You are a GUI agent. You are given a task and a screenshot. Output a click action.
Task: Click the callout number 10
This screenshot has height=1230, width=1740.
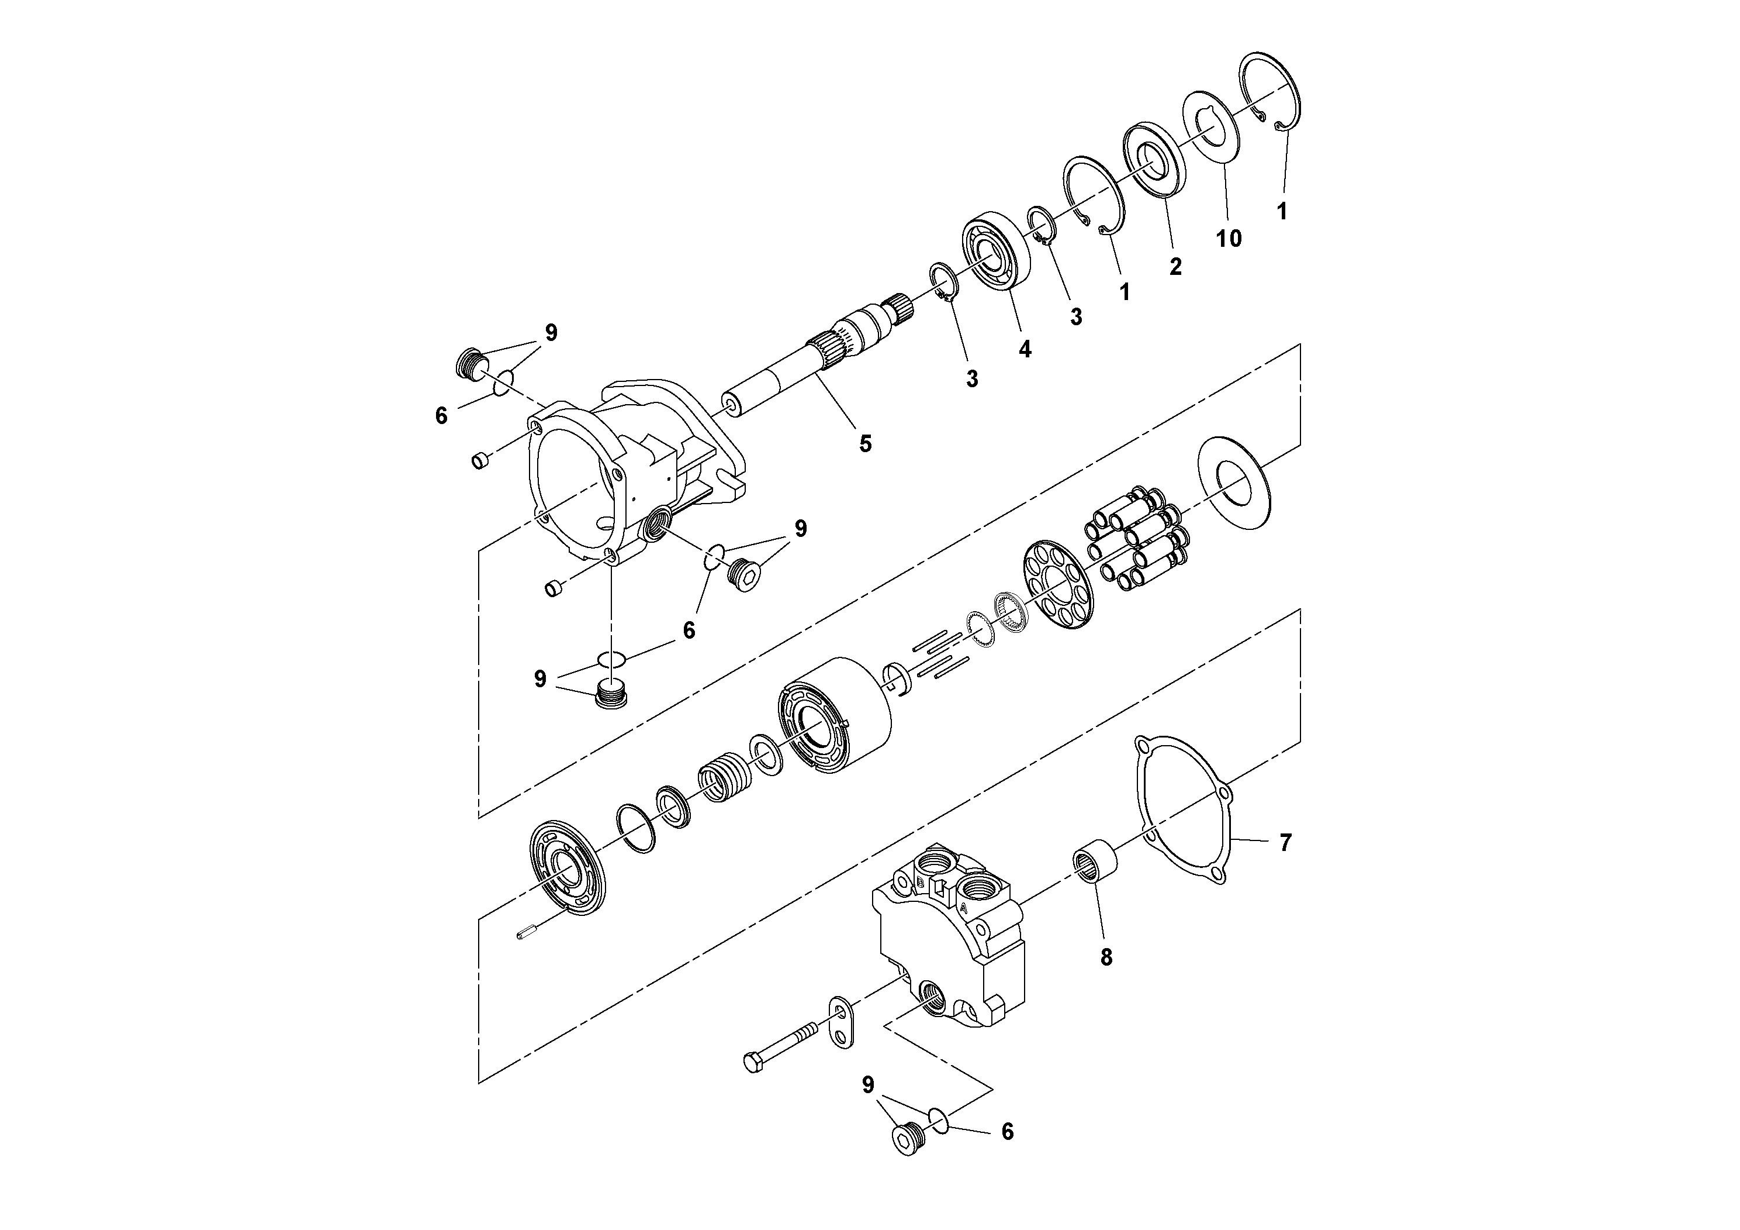1229,238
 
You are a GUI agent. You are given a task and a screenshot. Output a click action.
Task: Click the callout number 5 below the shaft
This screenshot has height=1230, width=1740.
866,443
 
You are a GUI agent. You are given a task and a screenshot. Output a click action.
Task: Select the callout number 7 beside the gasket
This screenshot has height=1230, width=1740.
1285,842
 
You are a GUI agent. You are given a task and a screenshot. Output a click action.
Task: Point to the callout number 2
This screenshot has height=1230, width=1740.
1175,266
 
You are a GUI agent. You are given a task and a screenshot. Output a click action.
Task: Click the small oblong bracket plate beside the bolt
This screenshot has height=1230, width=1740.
843,1023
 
